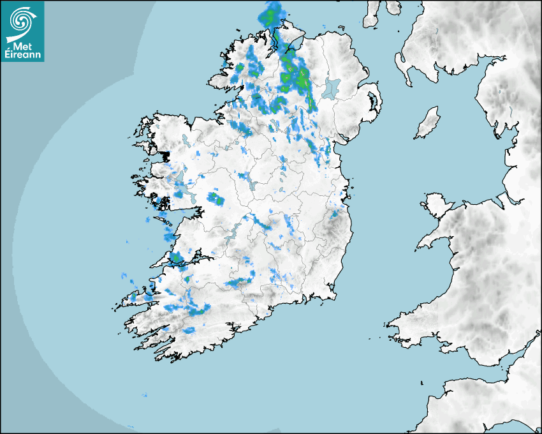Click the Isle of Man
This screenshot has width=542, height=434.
tap(427, 123)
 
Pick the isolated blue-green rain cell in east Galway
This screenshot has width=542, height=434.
tap(216, 198)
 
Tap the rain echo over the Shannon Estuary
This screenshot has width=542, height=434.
tap(177, 258)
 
